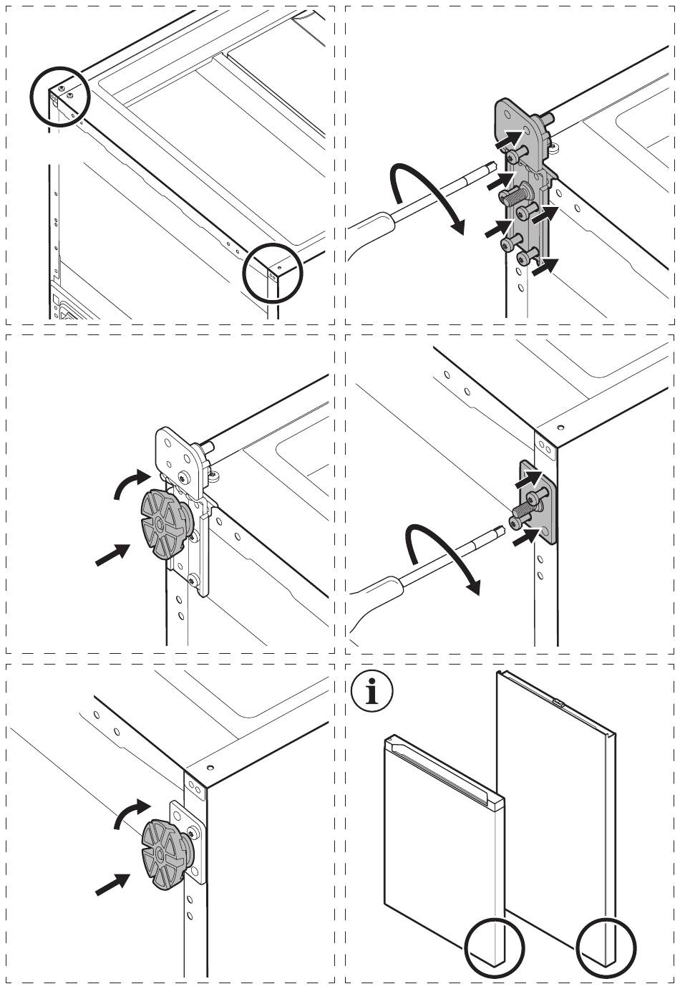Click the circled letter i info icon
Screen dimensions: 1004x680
coord(372,692)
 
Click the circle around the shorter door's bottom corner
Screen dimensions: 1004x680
coord(495,950)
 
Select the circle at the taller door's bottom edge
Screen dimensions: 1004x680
coord(606,950)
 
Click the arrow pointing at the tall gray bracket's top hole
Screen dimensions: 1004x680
coord(510,135)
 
